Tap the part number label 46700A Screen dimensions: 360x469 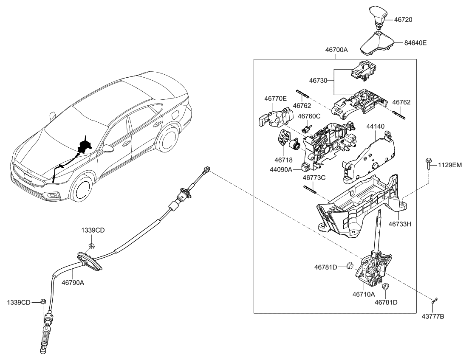tap(336, 50)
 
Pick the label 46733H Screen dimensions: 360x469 tap(401, 223)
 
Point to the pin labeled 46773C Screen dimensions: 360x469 tap(310, 190)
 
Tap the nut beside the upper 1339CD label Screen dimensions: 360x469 tap(91, 246)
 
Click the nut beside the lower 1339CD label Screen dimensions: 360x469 tap(43, 302)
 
